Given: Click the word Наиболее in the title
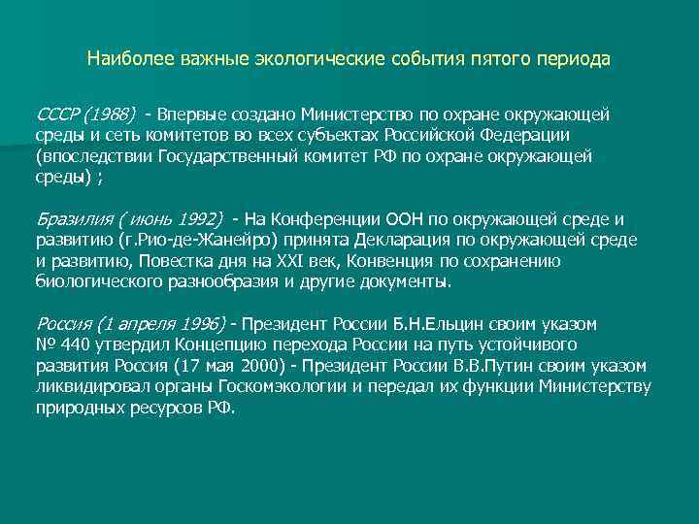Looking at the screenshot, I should (121, 59).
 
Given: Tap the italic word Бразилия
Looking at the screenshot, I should (70, 218).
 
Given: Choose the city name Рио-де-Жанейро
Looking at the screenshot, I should (219, 240).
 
